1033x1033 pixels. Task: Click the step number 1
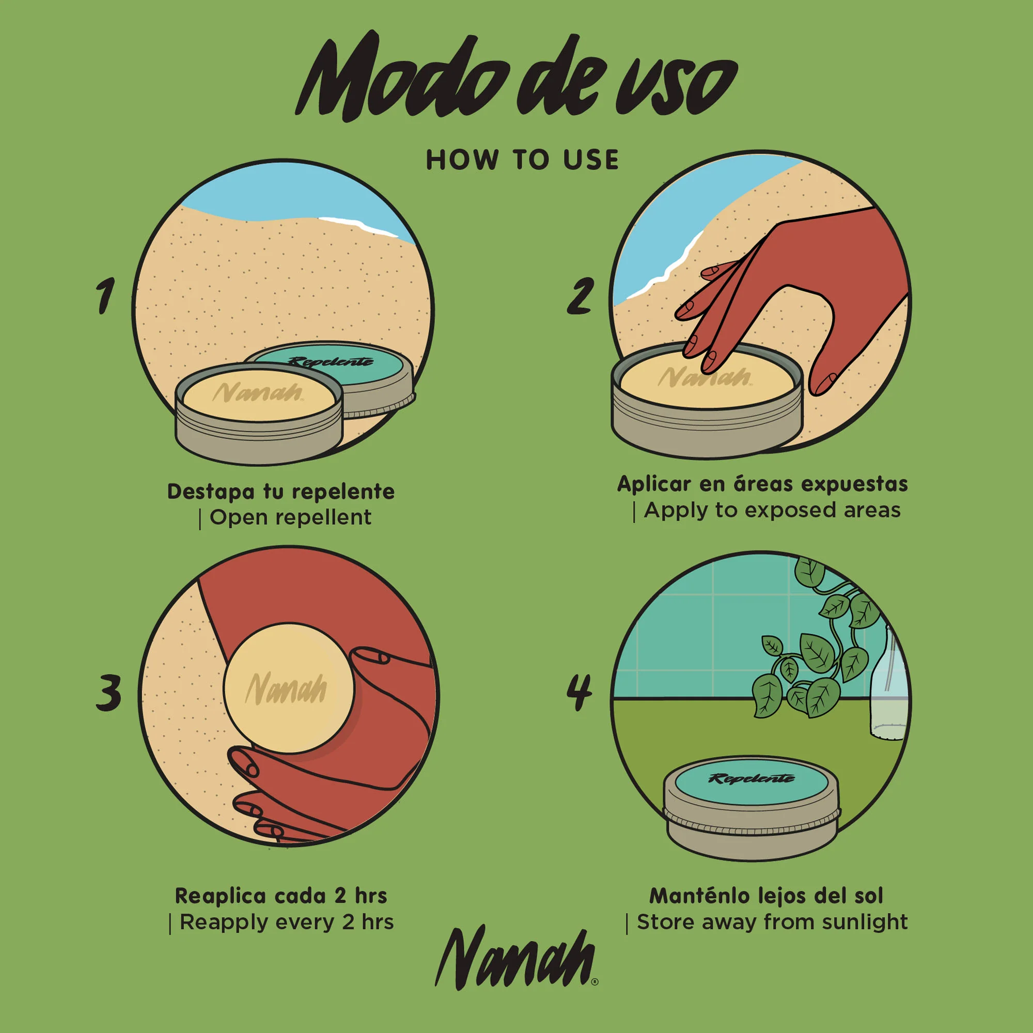(x=105, y=295)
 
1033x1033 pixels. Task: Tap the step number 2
(x=580, y=295)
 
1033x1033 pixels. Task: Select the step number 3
(x=108, y=693)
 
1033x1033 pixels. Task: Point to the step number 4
(x=580, y=693)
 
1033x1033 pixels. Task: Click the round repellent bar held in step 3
(x=289, y=688)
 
